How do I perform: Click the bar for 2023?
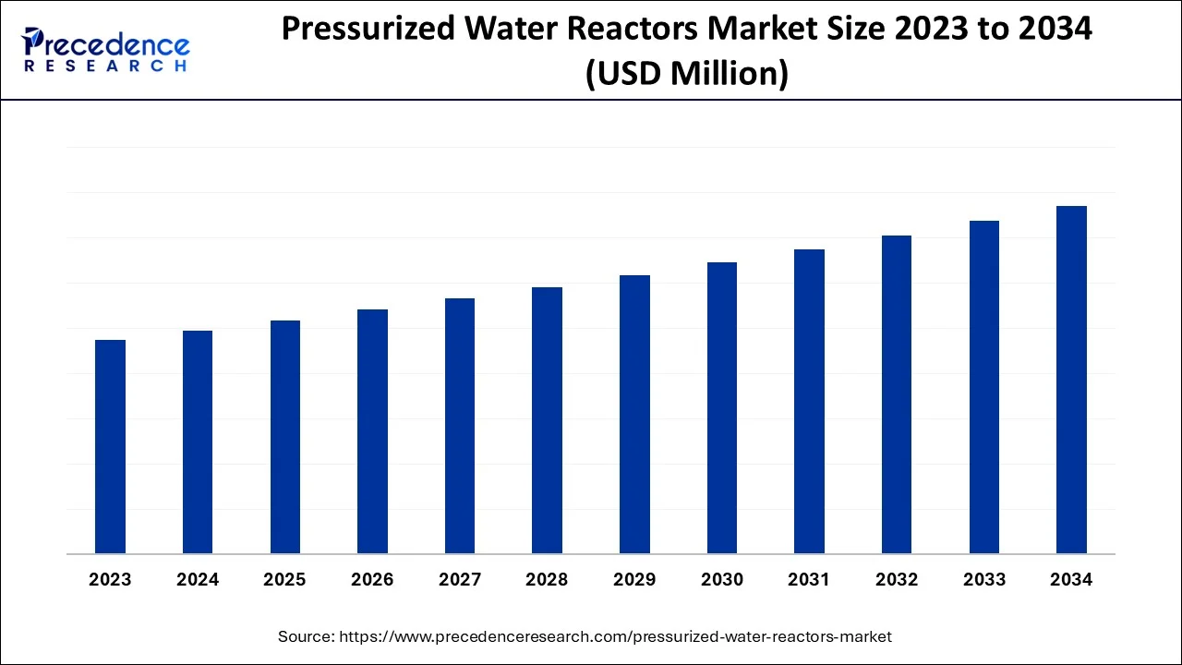click(110, 447)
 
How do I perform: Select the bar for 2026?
click(372, 431)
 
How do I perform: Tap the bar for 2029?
click(634, 415)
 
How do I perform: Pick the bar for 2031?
click(809, 402)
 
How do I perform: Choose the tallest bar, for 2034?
click(1071, 380)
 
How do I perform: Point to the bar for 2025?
click(285, 437)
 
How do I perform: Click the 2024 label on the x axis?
click(198, 580)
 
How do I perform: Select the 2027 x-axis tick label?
click(460, 580)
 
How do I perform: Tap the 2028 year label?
click(547, 580)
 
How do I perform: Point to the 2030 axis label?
click(722, 580)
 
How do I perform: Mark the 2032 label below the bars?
click(897, 580)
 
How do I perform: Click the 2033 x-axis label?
click(984, 580)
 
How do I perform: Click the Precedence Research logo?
click(105, 49)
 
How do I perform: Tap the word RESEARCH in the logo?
click(105, 66)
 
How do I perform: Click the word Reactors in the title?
click(648, 30)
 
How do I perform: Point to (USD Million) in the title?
click(687, 73)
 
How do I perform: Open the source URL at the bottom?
click(615, 636)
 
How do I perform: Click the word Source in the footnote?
click(306, 636)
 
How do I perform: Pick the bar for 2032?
click(897, 394)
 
